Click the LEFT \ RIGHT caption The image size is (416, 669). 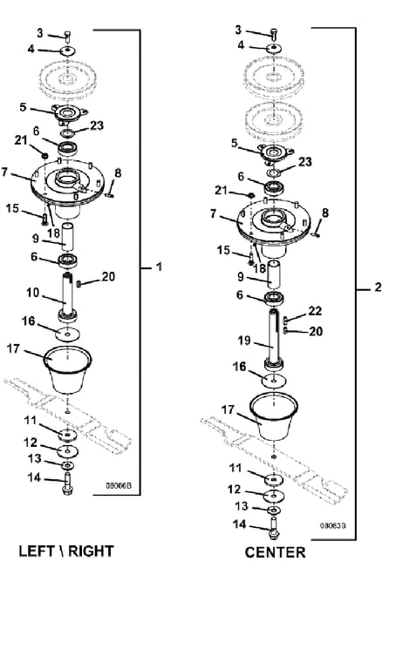pyautogui.click(x=66, y=551)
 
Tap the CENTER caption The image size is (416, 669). pyautogui.click(x=275, y=552)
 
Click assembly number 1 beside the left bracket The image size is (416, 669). pyautogui.click(x=159, y=267)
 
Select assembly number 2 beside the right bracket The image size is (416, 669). pyautogui.click(x=378, y=287)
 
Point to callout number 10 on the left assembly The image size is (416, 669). pyautogui.click(x=33, y=293)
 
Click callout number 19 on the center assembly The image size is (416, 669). pyautogui.click(x=244, y=341)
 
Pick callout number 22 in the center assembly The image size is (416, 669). pyautogui.click(x=315, y=311)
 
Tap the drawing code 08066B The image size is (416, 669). pyautogui.click(x=119, y=485)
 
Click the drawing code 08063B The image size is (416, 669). pyautogui.click(x=333, y=525)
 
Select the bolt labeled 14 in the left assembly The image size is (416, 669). pyautogui.click(x=67, y=483)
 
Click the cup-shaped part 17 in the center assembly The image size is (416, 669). pyautogui.click(x=274, y=417)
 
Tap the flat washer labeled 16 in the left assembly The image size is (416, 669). pyautogui.click(x=67, y=334)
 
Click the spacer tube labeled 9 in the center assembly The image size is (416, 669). pyautogui.click(x=274, y=275)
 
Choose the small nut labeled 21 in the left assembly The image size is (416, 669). pyautogui.click(x=44, y=152)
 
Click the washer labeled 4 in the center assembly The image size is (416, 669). pyautogui.click(x=273, y=48)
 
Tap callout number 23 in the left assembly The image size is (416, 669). pyautogui.click(x=97, y=125)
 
